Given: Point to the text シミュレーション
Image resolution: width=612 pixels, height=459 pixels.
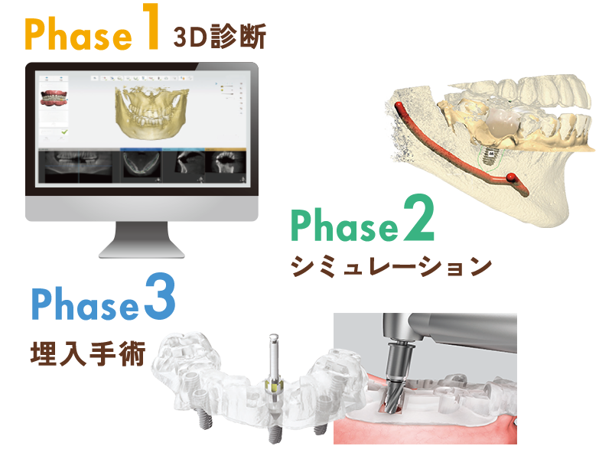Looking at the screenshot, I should coord(390,266).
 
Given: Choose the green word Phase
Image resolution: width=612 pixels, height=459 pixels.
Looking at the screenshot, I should coord(344,226).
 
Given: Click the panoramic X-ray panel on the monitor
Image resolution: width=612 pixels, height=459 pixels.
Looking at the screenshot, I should coord(75,164).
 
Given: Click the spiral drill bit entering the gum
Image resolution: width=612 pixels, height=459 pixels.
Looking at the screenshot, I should coord(391,390).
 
